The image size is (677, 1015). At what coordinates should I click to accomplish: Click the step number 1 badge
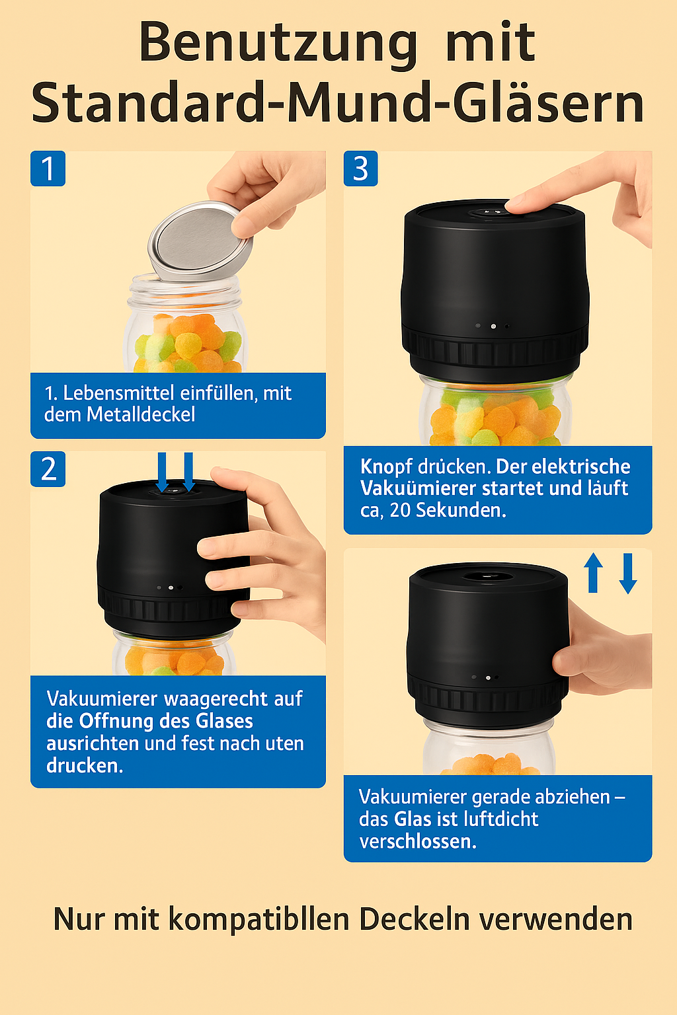tap(48, 169)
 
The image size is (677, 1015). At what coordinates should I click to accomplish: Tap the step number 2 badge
tap(48, 469)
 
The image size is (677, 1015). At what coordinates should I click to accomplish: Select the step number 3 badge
tap(361, 169)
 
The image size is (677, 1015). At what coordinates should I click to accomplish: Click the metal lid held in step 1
tap(200, 239)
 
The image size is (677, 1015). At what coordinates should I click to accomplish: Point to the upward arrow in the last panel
tap(593, 572)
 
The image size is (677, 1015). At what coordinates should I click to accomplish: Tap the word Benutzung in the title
tap(278, 43)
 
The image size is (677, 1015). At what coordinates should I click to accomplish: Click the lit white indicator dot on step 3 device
tap(493, 326)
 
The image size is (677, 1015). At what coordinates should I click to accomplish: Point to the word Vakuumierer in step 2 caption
tap(102, 698)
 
